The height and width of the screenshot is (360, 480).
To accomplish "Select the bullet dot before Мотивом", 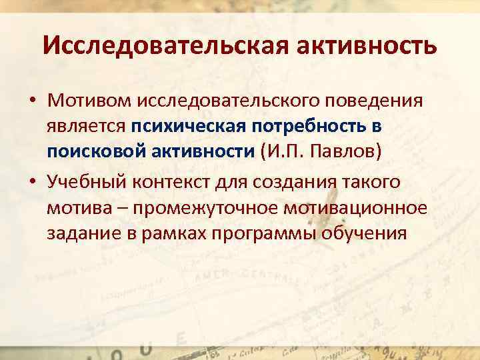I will point(32,101).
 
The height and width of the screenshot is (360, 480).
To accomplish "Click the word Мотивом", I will point(89,101).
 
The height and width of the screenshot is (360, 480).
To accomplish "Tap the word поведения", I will point(377,101).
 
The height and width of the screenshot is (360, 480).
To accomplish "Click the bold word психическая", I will point(189,126).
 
